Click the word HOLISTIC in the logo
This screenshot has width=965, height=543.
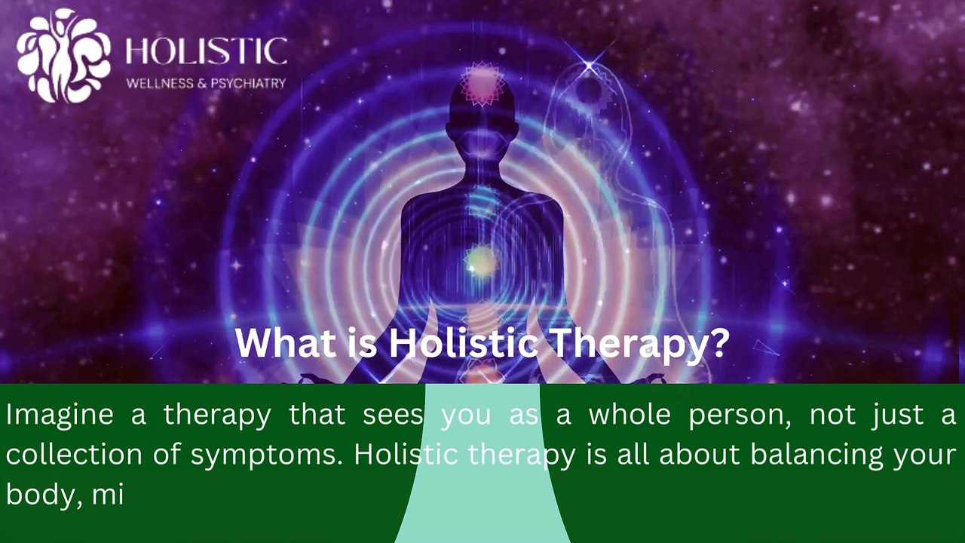coord(206,52)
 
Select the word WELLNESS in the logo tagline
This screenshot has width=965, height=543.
coord(160,84)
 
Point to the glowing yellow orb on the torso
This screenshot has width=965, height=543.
coord(480,262)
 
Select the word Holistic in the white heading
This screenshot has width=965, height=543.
coord(463,343)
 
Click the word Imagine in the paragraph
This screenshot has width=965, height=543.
coord(60,414)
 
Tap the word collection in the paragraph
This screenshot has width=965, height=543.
coord(73,455)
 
